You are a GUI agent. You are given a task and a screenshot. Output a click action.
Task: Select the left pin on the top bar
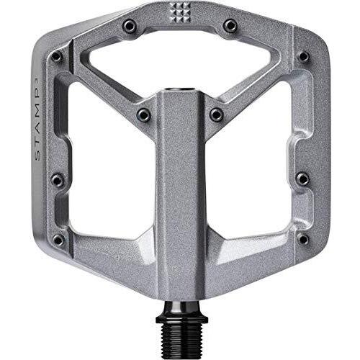pos(130,26)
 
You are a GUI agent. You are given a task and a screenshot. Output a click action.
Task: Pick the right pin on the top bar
pos(230,26)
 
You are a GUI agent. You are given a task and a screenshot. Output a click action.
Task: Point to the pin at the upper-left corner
pos(56,56)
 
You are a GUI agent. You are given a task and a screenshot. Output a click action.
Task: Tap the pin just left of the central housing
pos(143,114)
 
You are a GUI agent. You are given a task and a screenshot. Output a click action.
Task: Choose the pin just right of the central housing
pos(216,114)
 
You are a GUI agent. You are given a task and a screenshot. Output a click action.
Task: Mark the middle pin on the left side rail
pos(58,178)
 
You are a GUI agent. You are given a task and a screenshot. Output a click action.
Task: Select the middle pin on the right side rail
pos(302,178)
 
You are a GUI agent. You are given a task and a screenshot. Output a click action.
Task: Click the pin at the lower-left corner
pos(59,238)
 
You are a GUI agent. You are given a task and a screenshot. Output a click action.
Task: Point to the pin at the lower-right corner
pos(302,238)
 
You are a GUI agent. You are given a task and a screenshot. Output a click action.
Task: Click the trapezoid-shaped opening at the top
pos(180,61)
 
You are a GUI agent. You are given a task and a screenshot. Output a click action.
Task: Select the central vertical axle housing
pos(180,216)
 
